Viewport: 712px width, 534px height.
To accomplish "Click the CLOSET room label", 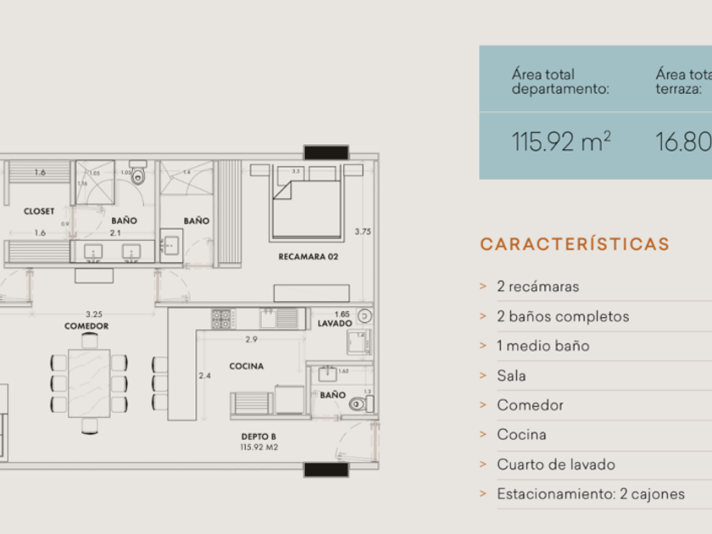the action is tap(39, 211).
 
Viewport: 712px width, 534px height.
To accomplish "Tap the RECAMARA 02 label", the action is tap(309, 256).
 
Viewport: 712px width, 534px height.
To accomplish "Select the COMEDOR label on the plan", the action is tap(86, 325).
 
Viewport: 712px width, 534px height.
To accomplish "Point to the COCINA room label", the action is tap(246, 366).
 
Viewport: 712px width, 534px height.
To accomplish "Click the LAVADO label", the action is tap(335, 324).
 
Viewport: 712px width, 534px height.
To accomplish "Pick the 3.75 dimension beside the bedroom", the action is tap(363, 231).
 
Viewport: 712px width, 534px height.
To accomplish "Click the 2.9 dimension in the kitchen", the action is tap(252, 339).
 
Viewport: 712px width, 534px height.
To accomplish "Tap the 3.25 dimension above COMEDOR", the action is tap(94, 313).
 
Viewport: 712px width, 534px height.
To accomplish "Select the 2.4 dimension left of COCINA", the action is tap(204, 375).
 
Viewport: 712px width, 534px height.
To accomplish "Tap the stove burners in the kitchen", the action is tap(222, 319).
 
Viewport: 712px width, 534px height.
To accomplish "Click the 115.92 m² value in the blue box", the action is tap(561, 142).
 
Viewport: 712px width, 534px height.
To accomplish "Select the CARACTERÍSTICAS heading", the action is tap(575, 245).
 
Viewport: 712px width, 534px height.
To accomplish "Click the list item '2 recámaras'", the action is tap(537, 286).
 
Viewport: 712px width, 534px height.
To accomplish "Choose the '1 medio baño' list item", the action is tap(542, 346).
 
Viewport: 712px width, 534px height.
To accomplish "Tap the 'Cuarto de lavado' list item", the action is tap(555, 464).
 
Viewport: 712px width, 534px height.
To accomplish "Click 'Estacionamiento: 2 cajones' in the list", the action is tap(590, 494).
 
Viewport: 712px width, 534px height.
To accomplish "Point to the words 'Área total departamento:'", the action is tap(560, 81).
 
